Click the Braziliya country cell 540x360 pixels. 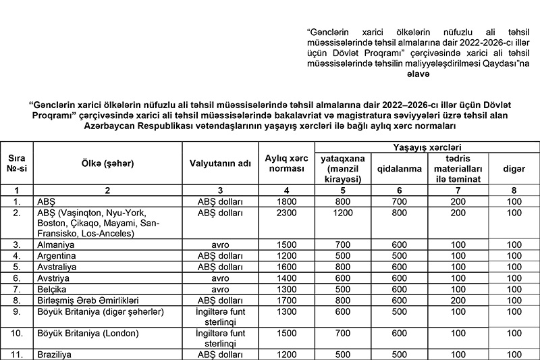53,354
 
